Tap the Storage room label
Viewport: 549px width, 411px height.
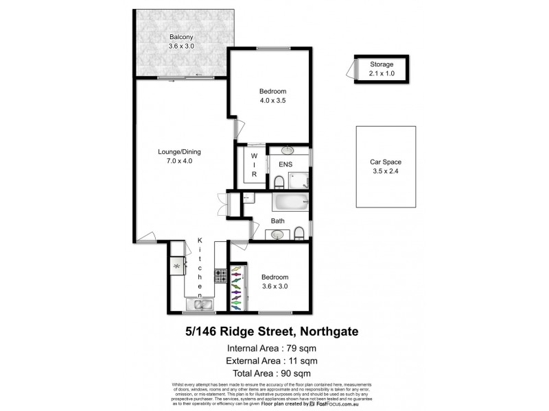tap(382, 64)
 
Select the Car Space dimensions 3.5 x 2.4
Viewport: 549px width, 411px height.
tap(384, 172)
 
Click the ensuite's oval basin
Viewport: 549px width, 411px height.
tap(287, 150)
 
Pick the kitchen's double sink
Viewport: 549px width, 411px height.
tap(199, 303)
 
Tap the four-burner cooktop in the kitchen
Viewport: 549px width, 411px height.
tap(221, 277)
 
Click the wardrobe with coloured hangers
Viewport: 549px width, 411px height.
tap(236, 288)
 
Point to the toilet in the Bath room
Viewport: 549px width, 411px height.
tap(300, 234)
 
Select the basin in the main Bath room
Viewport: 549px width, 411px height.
tap(277, 235)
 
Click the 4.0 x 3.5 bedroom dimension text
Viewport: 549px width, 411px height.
tap(272, 101)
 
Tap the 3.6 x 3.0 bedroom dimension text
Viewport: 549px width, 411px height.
tap(274, 286)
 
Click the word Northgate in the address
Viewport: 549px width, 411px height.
tap(336, 332)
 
